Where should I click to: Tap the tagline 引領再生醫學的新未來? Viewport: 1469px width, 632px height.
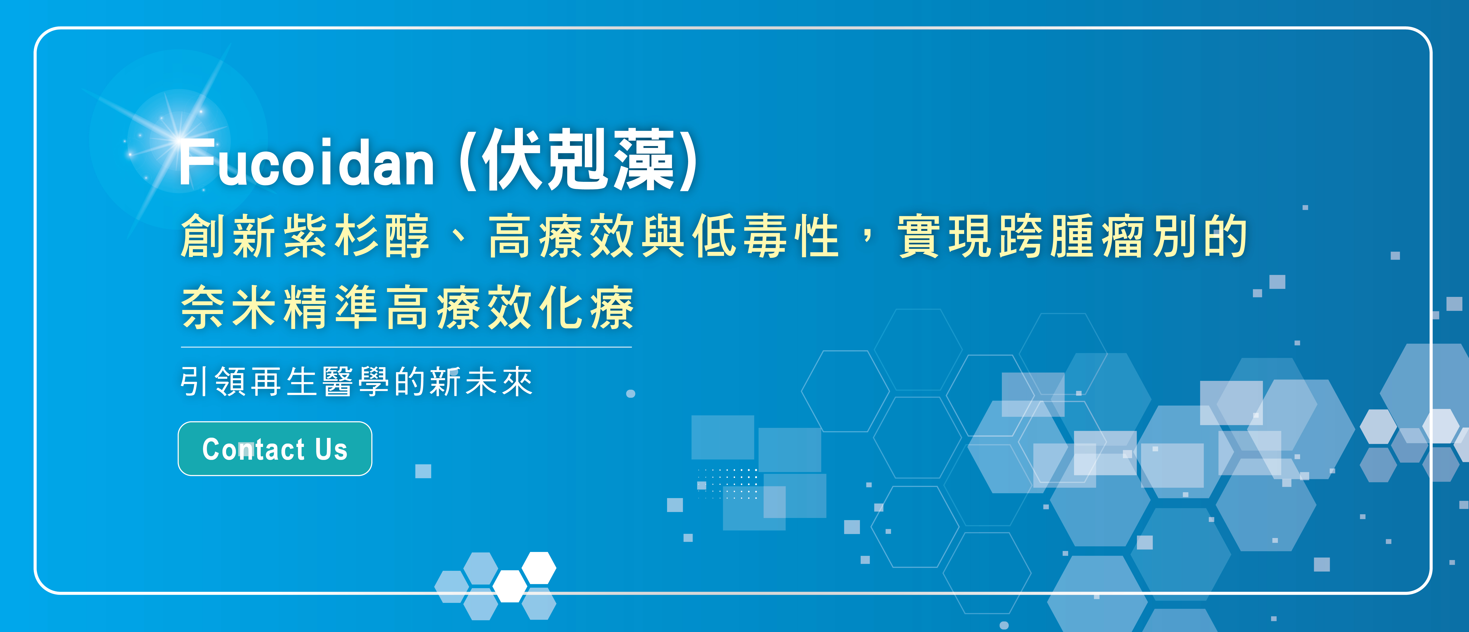[356, 381]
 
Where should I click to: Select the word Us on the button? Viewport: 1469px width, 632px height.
[331, 449]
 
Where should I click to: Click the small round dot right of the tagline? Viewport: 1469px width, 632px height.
[631, 394]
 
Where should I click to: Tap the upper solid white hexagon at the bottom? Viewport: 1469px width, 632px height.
[539, 568]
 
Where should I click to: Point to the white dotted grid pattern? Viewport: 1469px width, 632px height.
[727, 484]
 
